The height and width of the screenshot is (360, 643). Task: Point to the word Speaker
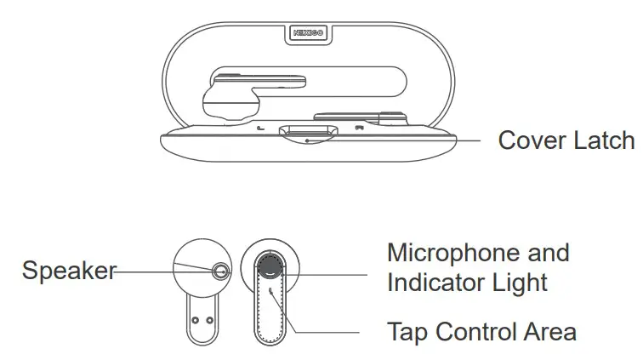coord(68,271)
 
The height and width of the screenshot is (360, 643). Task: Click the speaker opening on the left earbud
coord(221,271)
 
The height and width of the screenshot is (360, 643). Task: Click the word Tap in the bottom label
coord(406,331)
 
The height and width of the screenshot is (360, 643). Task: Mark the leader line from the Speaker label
coord(162,271)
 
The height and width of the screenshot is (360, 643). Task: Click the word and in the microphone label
coord(549,253)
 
